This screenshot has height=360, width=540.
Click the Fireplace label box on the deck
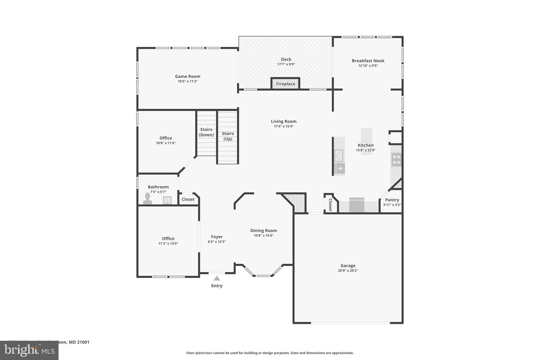286,84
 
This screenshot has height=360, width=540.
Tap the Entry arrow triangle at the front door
217,278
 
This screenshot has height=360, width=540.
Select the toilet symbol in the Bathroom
147,198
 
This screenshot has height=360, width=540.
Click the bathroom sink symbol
167,200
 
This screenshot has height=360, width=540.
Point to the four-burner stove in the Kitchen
396,160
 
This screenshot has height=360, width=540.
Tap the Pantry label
392,200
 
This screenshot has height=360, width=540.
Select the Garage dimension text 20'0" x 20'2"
348,271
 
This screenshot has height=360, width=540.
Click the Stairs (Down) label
206,132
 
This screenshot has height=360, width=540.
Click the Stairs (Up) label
228,136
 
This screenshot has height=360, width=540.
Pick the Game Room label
187,76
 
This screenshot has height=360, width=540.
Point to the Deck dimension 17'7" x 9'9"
286,64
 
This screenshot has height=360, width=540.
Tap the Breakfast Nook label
368,61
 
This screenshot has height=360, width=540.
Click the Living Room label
283,121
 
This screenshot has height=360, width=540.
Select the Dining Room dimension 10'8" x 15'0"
263,236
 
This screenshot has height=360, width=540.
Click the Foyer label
217,237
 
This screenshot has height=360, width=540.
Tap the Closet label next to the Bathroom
188,199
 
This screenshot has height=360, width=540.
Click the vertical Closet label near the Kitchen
330,205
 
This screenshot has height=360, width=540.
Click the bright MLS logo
29,350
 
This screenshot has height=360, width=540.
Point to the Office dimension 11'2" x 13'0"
168,244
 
